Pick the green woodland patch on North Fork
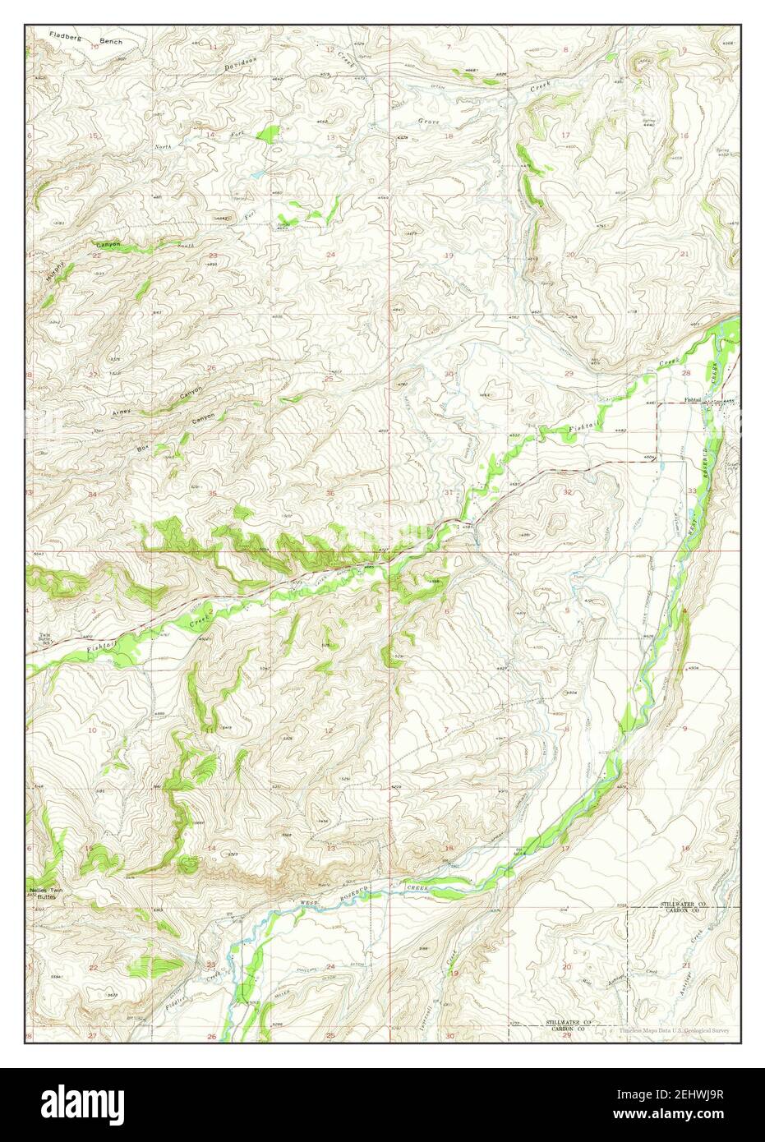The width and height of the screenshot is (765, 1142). pos(267,132)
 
